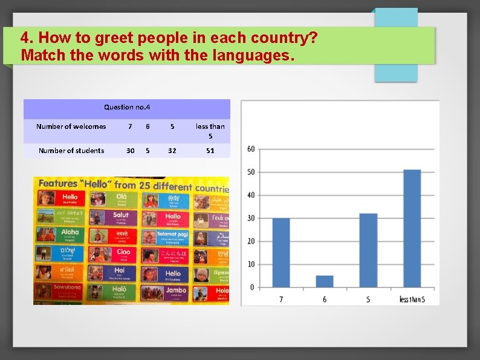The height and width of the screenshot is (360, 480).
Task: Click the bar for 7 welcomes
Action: tap(281, 252)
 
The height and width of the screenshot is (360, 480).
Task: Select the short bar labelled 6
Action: tap(324, 281)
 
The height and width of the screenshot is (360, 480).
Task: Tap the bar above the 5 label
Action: tap(368, 250)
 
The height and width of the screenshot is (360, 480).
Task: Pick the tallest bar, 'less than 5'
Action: tap(412, 228)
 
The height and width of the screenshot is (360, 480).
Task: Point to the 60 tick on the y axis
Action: tap(251, 149)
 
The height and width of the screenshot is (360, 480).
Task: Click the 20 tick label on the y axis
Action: tap(251, 241)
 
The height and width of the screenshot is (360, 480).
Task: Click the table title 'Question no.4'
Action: tap(127, 107)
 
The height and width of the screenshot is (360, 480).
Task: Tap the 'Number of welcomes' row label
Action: tap(71, 126)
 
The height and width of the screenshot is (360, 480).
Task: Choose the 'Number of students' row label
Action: tap(71, 151)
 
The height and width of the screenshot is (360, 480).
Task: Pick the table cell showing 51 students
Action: tap(210, 151)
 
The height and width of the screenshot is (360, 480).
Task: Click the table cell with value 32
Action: tap(172, 151)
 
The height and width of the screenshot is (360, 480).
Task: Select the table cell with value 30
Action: tap(130, 151)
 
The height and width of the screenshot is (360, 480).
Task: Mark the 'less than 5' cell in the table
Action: tap(210, 131)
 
